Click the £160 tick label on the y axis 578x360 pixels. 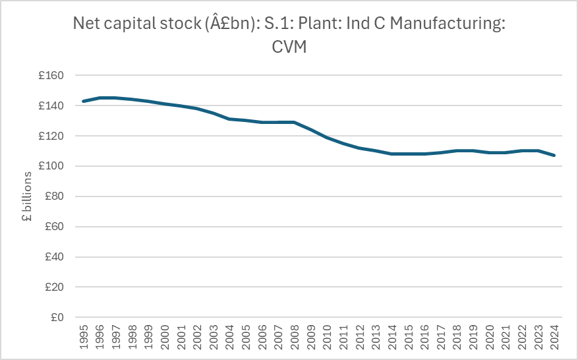[x=50, y=76]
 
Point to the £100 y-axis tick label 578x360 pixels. [x=50, y=166]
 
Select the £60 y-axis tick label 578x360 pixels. [x=53, y=227]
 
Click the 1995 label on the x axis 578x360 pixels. [x=83, y=338]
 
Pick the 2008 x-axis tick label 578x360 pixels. [x=294, y=338]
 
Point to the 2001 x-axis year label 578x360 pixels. [x=181, y=338]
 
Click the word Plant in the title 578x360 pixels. [x=319, y=25]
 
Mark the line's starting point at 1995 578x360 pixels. [x=83, y=101]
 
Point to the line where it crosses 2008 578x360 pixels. [x=294, y=122]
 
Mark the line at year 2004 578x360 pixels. [x=229, y=119]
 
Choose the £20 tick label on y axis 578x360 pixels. [x=53, y=287]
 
